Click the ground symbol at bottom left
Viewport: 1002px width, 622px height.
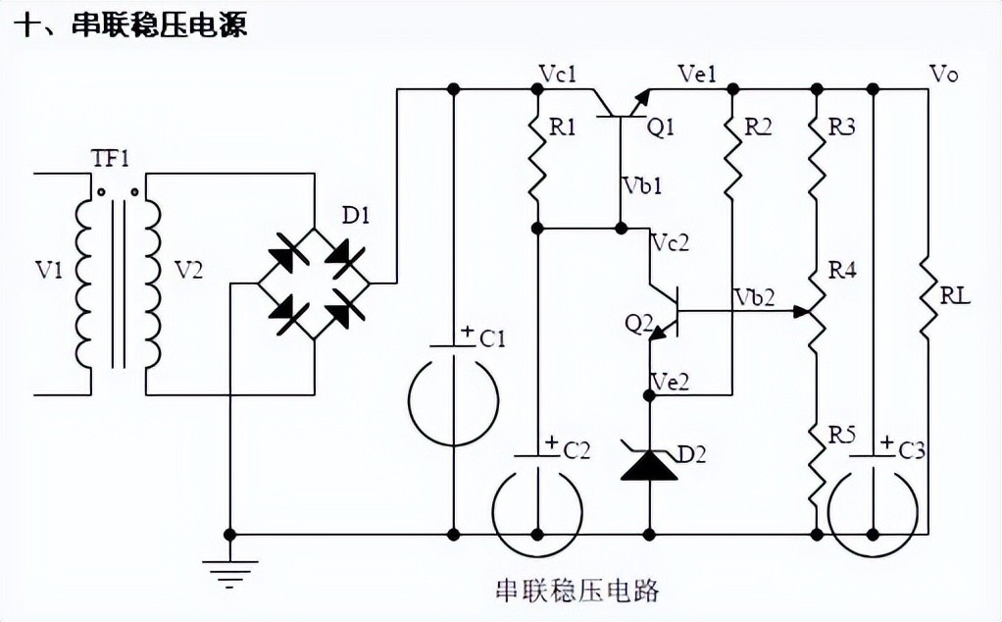[229, 569]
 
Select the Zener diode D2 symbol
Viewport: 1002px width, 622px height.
[648, 462]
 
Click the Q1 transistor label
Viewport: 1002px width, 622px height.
[662, 128]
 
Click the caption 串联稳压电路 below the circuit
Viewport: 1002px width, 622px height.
[576, 591]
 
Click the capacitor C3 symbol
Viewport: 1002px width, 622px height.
[874, 491]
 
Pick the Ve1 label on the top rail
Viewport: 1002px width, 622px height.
[697, 74]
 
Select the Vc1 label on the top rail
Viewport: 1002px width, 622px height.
[557, 74]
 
